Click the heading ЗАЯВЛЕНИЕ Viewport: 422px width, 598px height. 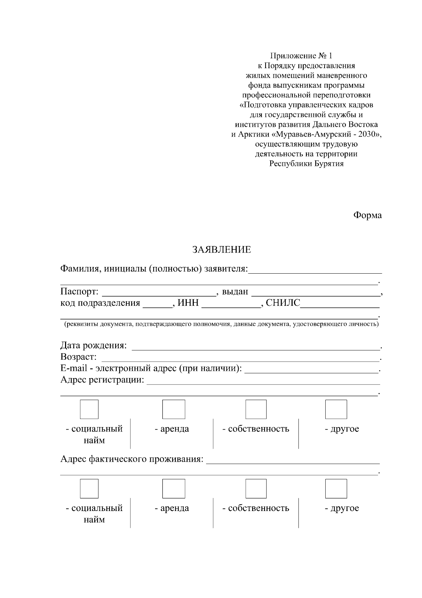tap(222, 250)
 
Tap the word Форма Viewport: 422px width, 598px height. tap(367, 215)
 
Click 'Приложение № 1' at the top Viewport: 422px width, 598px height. tap(301, 56)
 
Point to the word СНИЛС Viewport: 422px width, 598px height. tap(283, 303)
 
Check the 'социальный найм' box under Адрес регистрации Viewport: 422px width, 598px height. tap(89, 409)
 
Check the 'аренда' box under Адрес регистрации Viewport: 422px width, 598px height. tap(173, 409)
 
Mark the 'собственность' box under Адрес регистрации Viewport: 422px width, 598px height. tap(256, 409)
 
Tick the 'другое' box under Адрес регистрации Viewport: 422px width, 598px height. tap(336, 409)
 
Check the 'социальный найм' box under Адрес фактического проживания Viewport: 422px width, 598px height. tap(89, 488)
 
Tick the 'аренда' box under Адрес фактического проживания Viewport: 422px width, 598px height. tap(173, 488)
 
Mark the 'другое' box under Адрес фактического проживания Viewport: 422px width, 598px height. tap(336, 488)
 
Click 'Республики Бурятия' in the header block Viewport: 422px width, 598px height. tap(306, 164)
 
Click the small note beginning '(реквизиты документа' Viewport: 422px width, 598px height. tap(221, 324)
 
